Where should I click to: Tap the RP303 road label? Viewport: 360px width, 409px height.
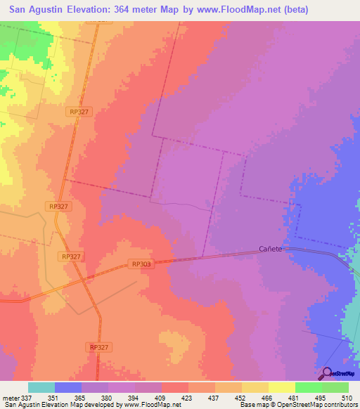coord(141,264)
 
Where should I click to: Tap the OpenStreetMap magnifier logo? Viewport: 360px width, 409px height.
coord(326,373)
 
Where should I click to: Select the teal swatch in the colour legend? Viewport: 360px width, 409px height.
coord(41,387)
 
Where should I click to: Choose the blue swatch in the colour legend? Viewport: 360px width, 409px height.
coord(68,387)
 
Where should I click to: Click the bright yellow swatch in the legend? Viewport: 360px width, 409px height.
coord(282,387)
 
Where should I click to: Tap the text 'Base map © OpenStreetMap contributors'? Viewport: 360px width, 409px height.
coord(297,404)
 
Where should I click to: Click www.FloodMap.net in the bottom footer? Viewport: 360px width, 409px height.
coord(143,404)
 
